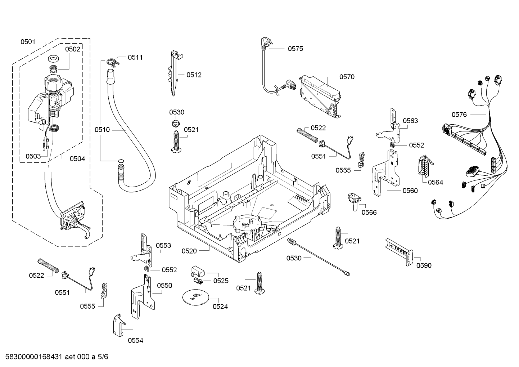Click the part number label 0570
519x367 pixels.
click(347, 77)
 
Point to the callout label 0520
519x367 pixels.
click(189, 251)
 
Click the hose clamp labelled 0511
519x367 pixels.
click(112, 62)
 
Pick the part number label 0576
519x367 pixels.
click(459, 115)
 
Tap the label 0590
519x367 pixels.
click(424, 265)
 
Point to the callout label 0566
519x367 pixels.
click(369, 212)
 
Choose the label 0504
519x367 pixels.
click(77, 158)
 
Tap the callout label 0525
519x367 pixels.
click(221, 281)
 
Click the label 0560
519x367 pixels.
click(410, 191)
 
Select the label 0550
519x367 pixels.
click(164, 286)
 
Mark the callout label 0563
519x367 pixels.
click(410, 121)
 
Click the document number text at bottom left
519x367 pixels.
click(54, 357)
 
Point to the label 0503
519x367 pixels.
click(33, 156)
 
